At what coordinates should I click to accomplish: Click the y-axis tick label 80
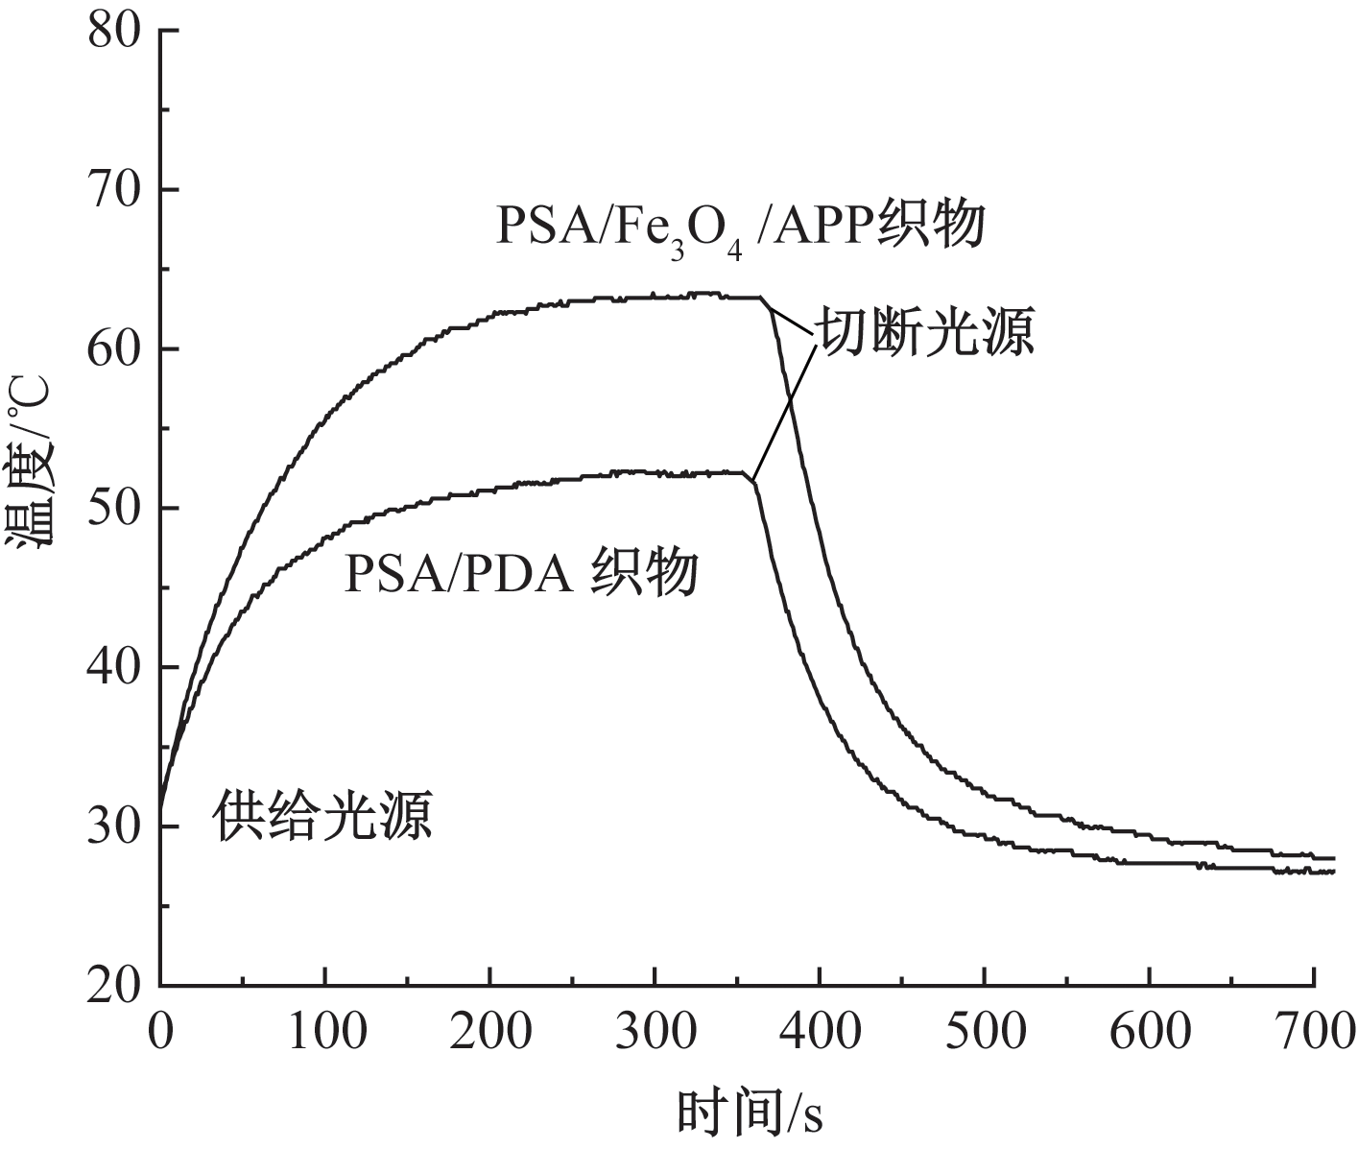click(x=115, y=31)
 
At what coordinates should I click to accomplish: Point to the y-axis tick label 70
click(x=115, y=190)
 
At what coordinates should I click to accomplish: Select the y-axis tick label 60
click(x=115, y=349)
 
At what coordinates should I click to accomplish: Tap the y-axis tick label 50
click(x=115, y=508)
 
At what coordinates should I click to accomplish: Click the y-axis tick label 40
click(x=115, y=667)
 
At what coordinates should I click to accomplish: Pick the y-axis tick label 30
click(x=115, y=826)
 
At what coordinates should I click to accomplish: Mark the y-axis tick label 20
click(x=115, y=985)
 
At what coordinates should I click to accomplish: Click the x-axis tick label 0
click(x=160, y=1033)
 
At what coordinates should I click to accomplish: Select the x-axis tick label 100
click(x=325, y=1033)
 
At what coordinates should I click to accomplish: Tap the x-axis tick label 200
click(x=490, y=1033)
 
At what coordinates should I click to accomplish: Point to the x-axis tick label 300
click(x=655, y=1033)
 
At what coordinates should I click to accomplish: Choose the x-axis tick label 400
click(x=820, y=1033)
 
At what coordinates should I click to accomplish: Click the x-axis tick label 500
click(x=985, y=1033)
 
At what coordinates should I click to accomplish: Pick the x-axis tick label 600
click(x=1149, y=1033)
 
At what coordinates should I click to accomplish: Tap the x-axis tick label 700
click(x=1313, y=1033)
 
